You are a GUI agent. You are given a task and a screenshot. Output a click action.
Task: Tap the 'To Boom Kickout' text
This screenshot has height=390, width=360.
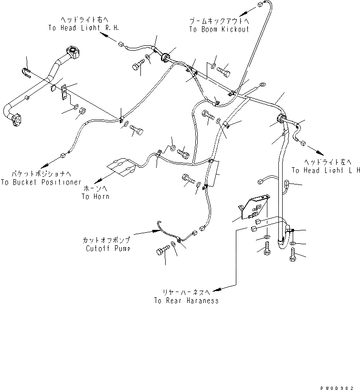(x=219, y=29)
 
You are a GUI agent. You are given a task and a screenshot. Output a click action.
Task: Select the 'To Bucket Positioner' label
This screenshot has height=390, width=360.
(x=41, y=182)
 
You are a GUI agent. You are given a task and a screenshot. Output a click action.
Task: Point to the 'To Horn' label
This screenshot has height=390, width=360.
(x=95, y=196)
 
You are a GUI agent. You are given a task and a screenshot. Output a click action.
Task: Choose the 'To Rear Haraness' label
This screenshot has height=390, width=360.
(x=186, y=301)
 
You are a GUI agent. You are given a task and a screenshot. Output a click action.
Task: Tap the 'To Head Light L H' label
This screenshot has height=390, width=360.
(x=325, y=170)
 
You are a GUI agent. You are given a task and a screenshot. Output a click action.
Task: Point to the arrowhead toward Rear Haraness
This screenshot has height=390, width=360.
(x=216, y=289)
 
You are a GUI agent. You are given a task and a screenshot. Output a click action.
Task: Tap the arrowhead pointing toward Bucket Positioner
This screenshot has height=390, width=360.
(x=44, y=163)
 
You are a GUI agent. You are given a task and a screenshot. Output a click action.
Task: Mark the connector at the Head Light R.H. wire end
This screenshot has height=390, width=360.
(x=121, y=45)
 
